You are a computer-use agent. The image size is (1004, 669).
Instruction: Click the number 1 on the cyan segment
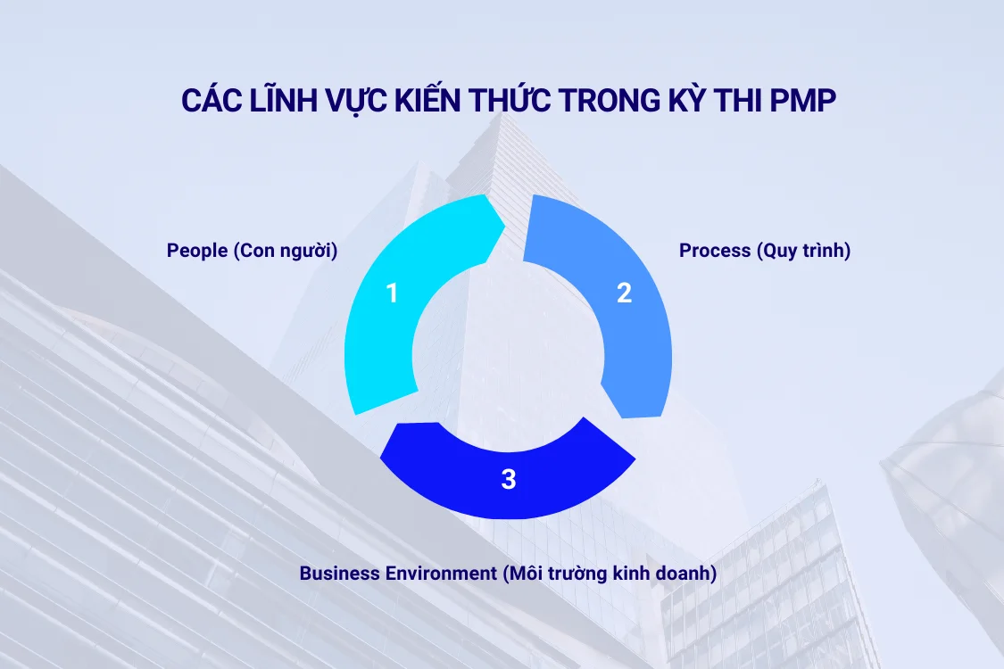click(391, 293)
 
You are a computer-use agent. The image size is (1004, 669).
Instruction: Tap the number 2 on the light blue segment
click(625, 293)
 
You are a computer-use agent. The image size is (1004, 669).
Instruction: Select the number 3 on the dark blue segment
click(509, 480)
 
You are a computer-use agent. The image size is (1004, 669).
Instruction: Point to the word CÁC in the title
click(210, 101)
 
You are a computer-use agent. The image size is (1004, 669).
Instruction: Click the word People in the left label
click(196, 251)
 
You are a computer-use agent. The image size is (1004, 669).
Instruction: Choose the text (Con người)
click(286, 251)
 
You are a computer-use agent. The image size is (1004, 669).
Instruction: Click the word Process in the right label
click(714, 251)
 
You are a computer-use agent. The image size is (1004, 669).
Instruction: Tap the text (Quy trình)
click(803, 251)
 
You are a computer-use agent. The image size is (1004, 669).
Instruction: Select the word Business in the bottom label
click(336, 573)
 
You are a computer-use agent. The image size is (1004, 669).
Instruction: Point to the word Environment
click(436, 573)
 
